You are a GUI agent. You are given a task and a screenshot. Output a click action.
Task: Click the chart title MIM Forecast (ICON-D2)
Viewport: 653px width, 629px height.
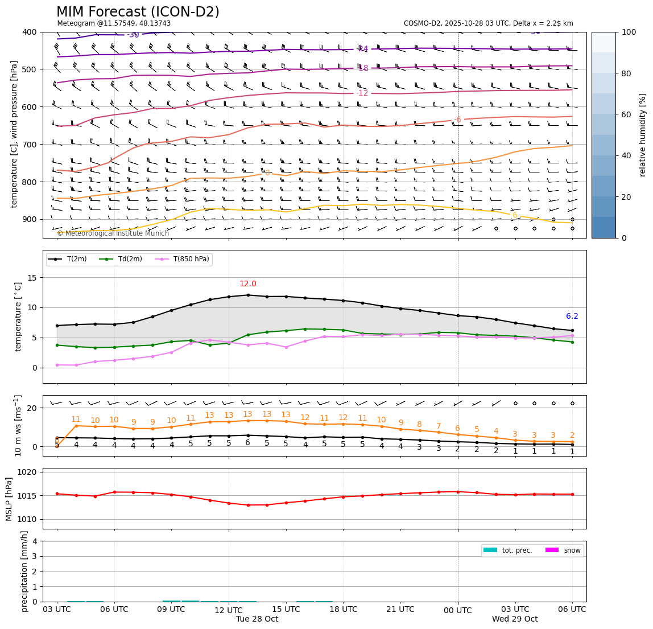point(138,12)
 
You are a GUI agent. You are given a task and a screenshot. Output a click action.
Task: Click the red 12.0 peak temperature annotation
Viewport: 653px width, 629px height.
point(247,284)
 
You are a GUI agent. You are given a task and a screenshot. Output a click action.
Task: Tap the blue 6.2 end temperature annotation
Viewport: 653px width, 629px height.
point(572,316)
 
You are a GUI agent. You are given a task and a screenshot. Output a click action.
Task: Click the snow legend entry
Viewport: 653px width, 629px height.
point(569,550)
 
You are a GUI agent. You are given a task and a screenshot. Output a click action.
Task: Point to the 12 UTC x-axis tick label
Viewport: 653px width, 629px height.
point(229,610)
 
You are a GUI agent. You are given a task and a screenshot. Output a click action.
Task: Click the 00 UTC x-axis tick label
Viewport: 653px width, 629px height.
point(458,610)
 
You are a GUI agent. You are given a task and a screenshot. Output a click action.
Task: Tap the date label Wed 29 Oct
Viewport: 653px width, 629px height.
point(515,619)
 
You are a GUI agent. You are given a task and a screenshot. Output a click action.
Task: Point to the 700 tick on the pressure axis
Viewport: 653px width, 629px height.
point(30,145)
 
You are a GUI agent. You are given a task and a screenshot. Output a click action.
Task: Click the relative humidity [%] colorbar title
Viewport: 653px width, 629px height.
point(643,135)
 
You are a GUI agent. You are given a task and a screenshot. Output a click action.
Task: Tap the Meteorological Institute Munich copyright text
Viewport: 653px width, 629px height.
point(113,233)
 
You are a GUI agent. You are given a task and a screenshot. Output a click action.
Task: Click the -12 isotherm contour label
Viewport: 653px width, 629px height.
point(362,93)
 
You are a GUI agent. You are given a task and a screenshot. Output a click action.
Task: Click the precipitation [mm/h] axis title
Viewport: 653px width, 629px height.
point(24,571)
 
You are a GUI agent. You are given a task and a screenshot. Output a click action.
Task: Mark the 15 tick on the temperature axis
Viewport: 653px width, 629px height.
point(32,278)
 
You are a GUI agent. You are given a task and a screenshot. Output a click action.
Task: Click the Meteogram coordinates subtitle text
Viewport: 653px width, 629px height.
point(114,23)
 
